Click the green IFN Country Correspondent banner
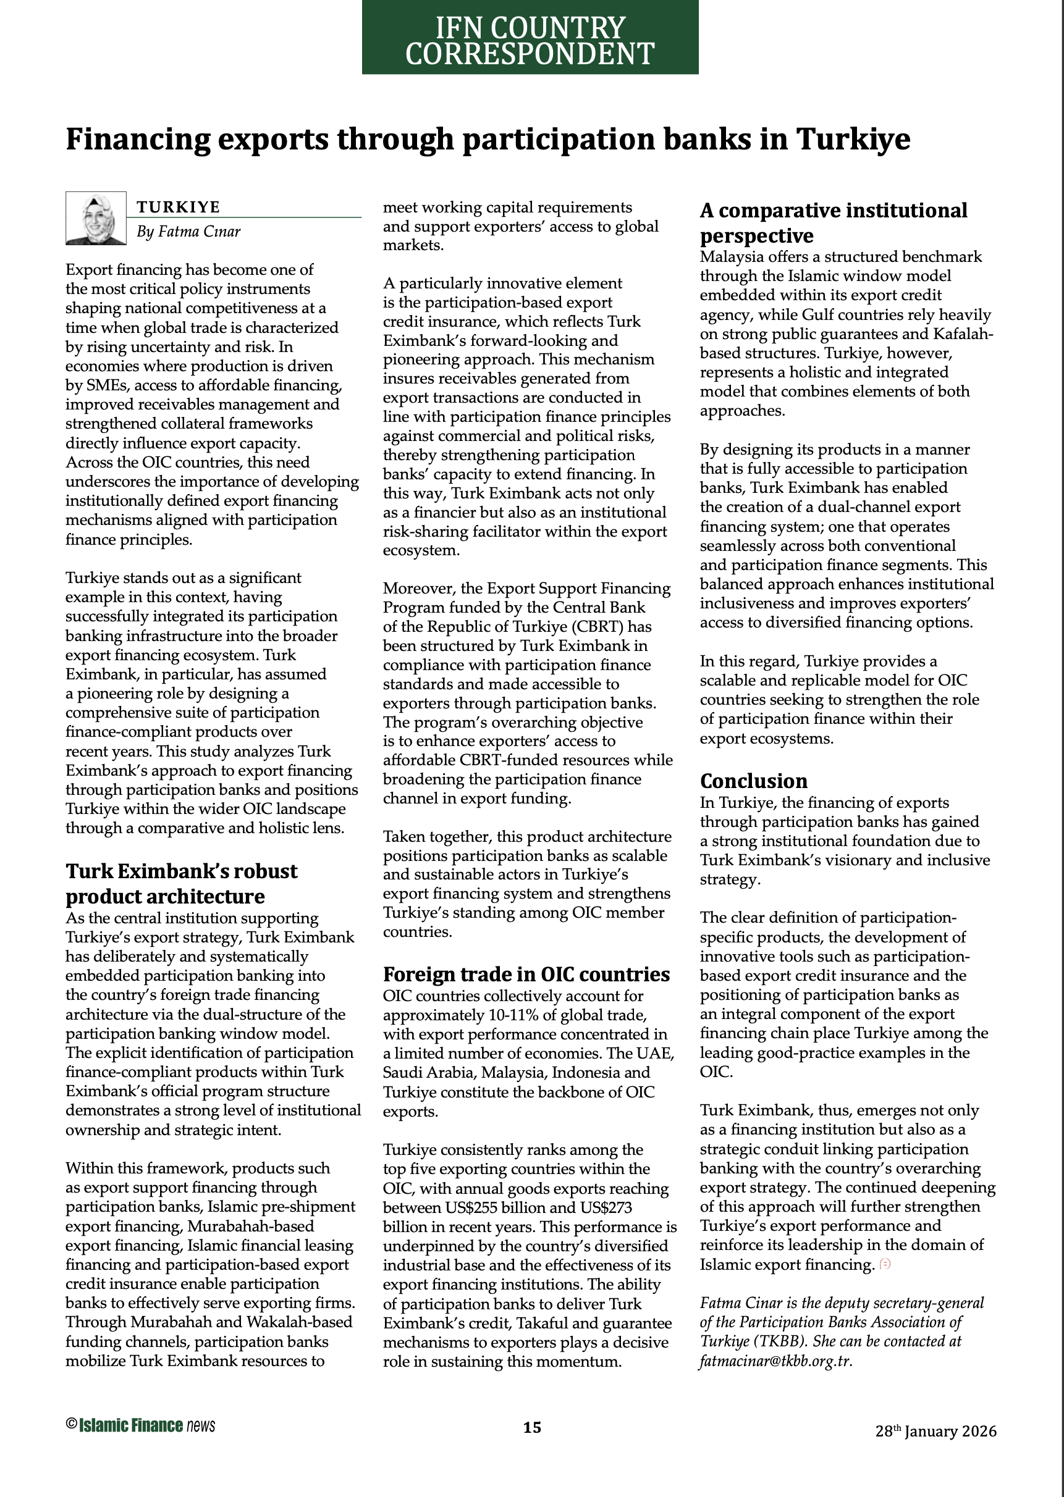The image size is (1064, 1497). pos(530,37)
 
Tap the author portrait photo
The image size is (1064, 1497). pos(96,218)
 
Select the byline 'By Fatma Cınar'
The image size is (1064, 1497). pos(188,232)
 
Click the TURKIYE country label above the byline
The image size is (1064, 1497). pos(178,207)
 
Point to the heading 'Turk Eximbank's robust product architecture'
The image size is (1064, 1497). pos(182,883)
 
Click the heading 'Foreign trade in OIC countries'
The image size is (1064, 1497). pos(526,975)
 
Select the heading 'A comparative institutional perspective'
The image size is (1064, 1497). pos(834,223)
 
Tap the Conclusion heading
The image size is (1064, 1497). pos(753,781)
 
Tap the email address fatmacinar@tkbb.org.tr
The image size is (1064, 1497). pos(775,1361)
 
